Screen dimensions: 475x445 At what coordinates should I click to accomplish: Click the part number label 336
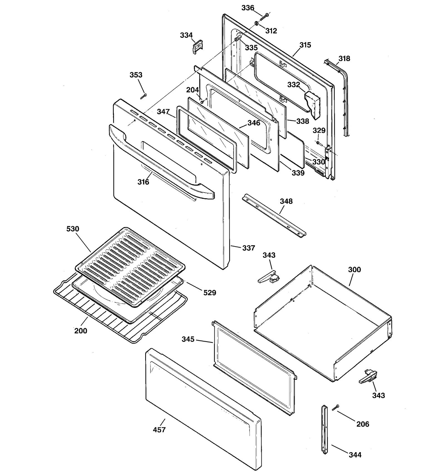tap(248, 8)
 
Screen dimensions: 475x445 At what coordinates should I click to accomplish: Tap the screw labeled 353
tap(144, 96)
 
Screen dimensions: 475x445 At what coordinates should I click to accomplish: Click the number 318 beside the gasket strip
tap(344, 58)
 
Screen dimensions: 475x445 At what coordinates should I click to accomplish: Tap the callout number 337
tap(248, 248)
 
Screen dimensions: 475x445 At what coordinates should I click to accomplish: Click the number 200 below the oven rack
tap(81, 331)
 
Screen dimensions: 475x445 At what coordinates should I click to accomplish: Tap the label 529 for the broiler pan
tap(209, 292)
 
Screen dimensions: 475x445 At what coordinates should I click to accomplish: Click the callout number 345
tap(188, 339)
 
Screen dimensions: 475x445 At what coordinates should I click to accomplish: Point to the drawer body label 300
tap(354, 269)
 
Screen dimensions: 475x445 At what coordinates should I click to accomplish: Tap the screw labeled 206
tap(335, 407)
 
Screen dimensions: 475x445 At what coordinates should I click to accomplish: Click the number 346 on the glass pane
tap(254, 123)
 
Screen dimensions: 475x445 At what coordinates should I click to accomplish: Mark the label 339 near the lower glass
tap(298, 173)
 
